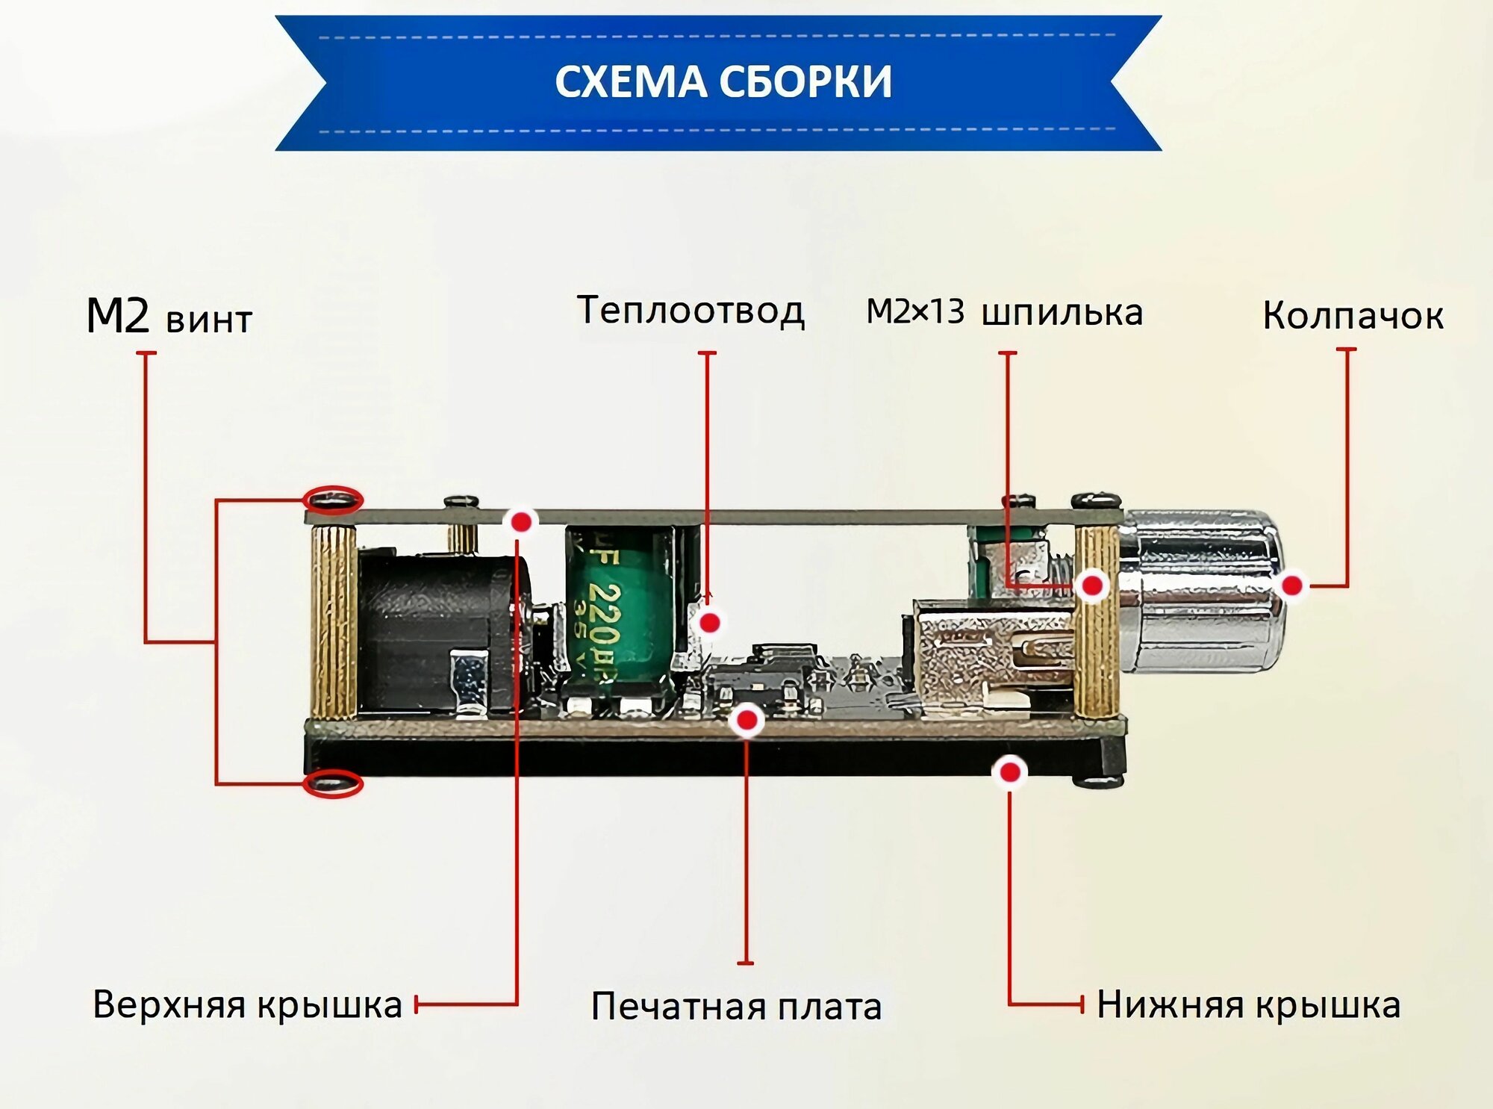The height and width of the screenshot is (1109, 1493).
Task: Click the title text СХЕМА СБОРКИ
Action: coord(723,81)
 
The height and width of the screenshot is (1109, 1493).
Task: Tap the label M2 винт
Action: coord(169,317)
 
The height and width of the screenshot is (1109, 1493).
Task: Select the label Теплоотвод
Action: coord(691,311)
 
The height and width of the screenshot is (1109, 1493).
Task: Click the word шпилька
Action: coord(1062,313)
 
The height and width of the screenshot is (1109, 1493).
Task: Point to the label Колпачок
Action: coord(1353,316)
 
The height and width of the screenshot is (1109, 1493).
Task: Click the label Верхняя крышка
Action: coord(247,1004)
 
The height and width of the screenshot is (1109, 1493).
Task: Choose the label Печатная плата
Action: coord(736,1007)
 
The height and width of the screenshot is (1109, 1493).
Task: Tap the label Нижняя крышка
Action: coord(1248,1005)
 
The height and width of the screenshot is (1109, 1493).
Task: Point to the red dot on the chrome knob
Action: coord(1292,585)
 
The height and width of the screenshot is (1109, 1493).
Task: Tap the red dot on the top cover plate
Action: coord(521,521)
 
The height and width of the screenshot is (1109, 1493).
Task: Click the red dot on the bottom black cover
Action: coord(1010,772)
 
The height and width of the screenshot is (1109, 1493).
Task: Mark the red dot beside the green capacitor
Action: coord(709,622)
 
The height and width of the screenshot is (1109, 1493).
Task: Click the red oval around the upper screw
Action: coord(334,500)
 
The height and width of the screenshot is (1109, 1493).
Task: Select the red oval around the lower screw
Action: coord(333,783)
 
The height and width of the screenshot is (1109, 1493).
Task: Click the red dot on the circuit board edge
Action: coord(746,720)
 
